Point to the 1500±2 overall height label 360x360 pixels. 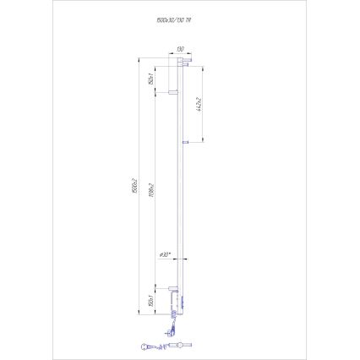136,187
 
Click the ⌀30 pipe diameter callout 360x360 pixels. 166,254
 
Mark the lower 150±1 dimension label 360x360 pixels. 150,300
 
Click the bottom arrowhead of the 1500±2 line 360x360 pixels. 140,314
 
